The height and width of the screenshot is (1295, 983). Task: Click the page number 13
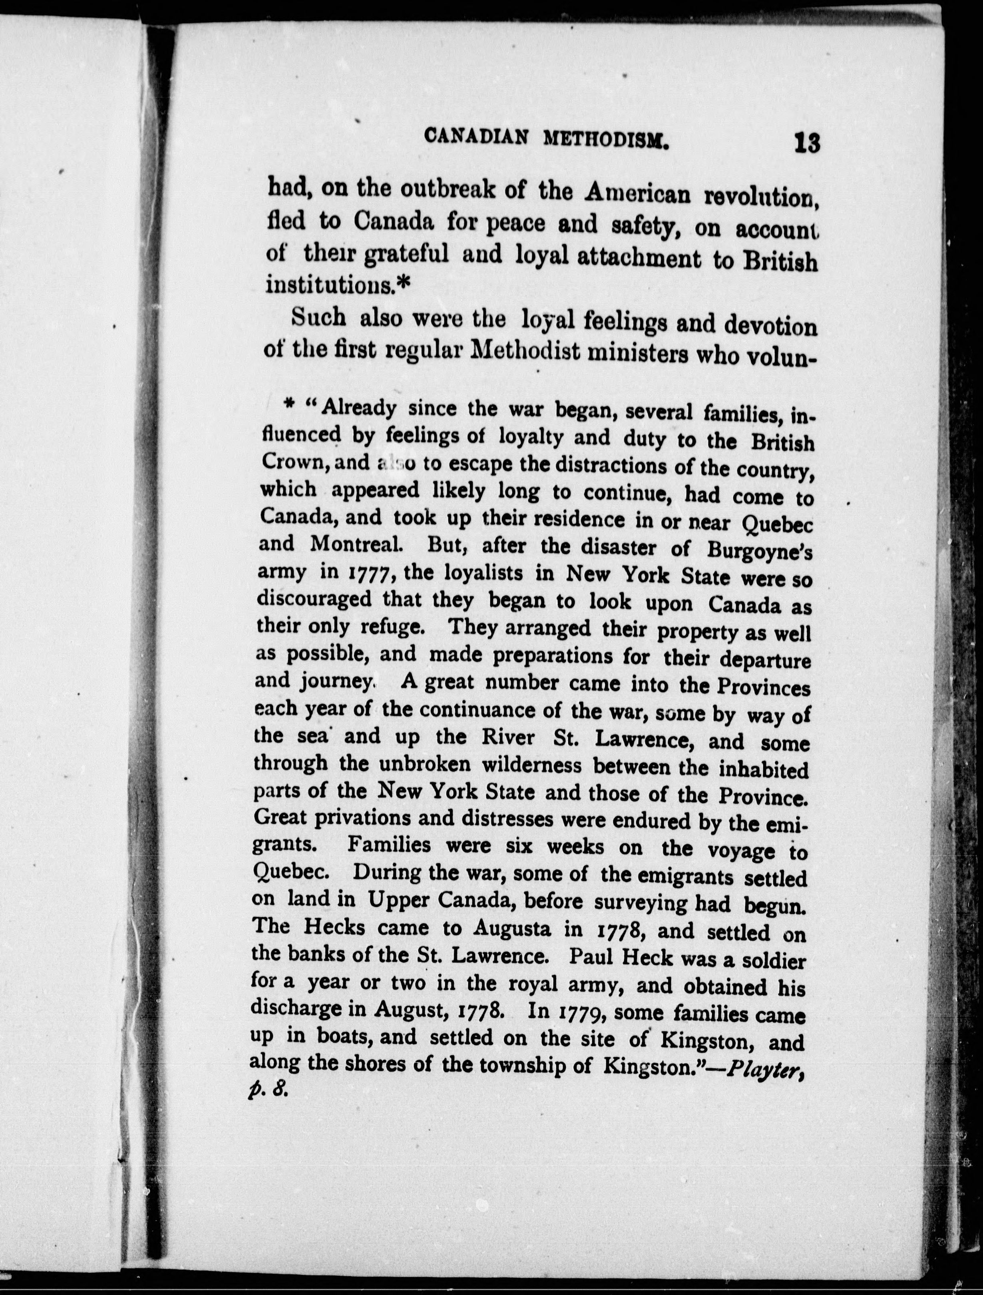807,143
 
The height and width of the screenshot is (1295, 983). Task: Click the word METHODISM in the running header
606,139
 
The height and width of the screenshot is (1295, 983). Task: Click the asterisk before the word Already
287,404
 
